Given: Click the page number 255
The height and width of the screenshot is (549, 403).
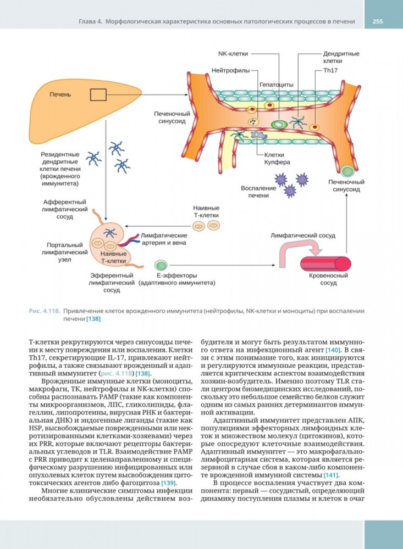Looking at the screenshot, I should [x=377, y=21].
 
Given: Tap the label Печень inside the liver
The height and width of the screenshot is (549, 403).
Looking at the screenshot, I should [x=60, y=94].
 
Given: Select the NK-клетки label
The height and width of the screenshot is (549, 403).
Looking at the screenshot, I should [x=233, y=54].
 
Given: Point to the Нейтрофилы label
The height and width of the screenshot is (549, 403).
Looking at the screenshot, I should [x=230, y=71].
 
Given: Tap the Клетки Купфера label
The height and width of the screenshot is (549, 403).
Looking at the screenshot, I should [x=277, y=159].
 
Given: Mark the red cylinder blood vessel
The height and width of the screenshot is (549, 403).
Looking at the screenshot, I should [x=328, y=263].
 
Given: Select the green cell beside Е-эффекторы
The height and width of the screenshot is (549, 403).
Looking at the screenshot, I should [x=161, y=265].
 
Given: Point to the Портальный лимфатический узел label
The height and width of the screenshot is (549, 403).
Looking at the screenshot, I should [x=64, y=253].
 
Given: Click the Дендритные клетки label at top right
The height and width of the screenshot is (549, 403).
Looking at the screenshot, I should [x=340, y=58].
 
